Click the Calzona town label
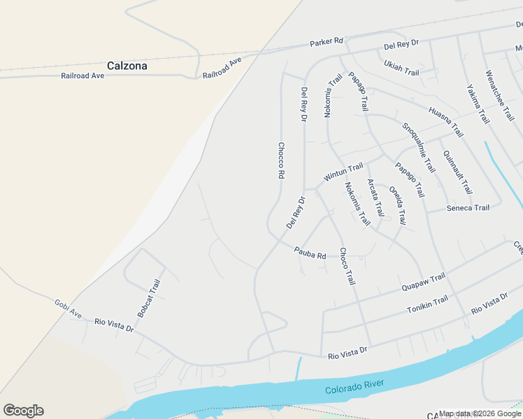(127, 66)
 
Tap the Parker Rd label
(327, 43)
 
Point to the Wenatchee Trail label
(499, 96)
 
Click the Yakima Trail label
(478, 104)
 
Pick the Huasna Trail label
(446, 121)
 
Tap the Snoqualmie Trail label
(418, 147)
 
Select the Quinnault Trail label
(457, 172)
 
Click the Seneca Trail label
(468, 208)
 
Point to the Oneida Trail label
(397, 205)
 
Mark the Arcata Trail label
(375, 198)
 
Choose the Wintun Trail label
(343, 172)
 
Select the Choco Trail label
(347, 266)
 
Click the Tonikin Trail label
(427, 304)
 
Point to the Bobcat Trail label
(149, 299)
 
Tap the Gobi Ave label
(69, 307)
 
